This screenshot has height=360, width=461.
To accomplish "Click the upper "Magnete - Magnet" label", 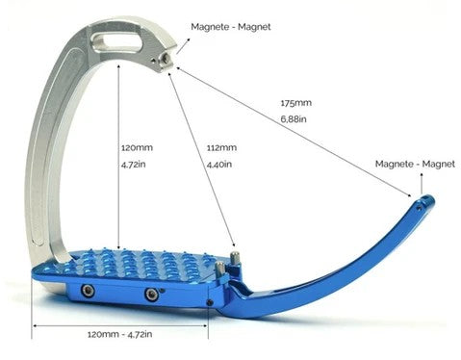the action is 231,27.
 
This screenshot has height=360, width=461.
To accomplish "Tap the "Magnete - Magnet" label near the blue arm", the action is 415,164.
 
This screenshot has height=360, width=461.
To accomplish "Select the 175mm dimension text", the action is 296,103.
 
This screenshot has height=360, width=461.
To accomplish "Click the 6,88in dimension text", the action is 294,119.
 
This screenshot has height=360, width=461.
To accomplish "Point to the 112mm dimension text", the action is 221,148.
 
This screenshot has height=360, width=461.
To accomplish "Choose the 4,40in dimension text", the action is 219,165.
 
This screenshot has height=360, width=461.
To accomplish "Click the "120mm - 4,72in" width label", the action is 120,334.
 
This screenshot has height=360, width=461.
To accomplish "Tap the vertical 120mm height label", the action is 137,148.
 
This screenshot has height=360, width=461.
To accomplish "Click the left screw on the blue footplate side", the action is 88,291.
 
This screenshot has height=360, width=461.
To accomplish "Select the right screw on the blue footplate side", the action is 151,294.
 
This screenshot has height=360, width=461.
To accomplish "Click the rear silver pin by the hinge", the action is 233,259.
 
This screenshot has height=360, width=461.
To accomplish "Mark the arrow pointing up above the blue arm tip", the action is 422,184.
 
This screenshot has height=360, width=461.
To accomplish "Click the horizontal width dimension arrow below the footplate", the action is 120,325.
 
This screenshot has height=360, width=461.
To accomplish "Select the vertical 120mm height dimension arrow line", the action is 118,157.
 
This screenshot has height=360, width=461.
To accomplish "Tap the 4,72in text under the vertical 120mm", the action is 134,165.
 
